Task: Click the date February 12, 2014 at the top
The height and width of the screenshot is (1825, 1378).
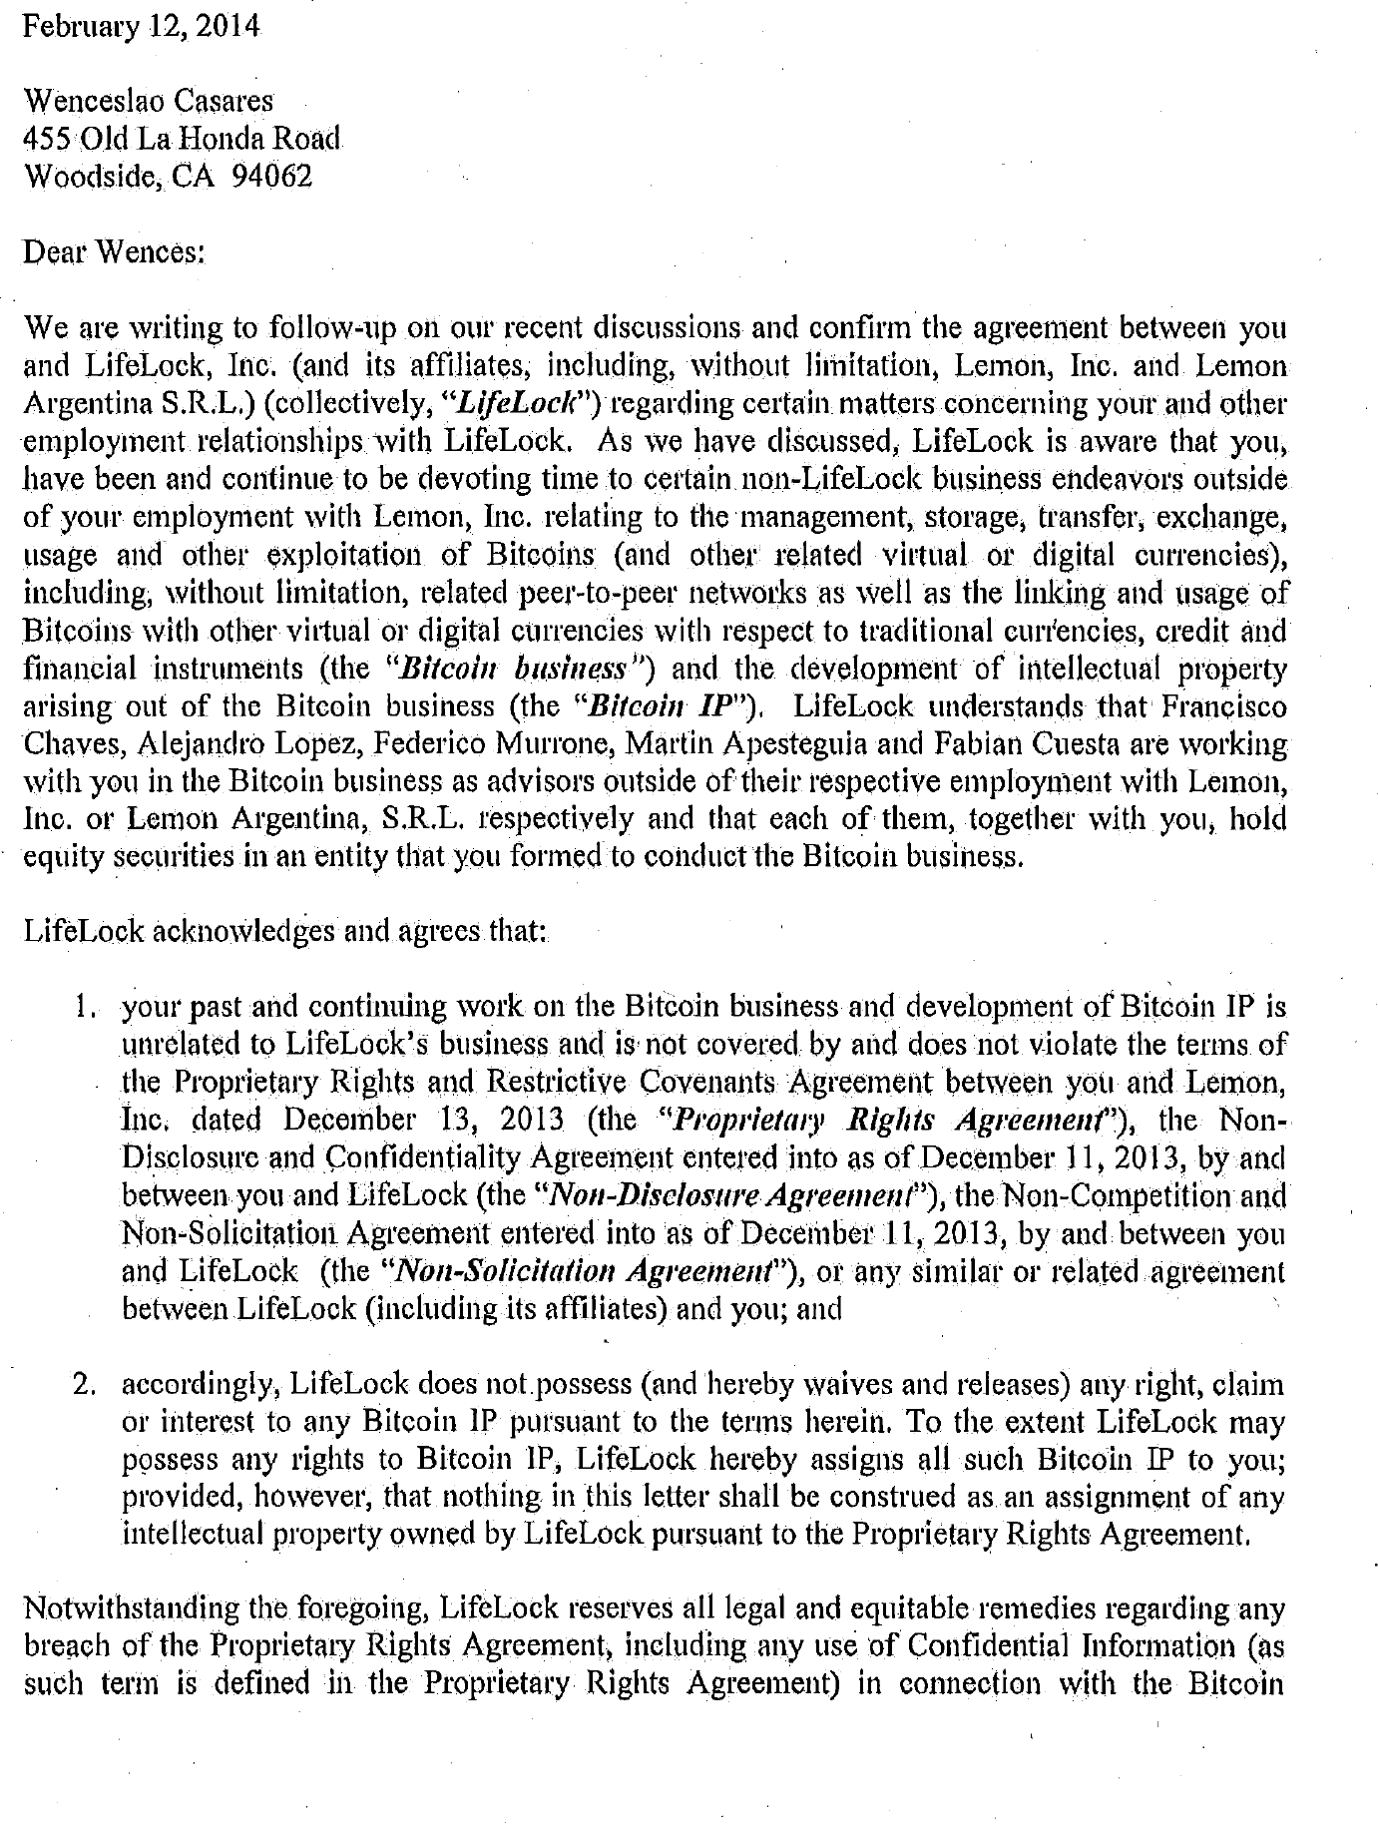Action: [141, 26]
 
